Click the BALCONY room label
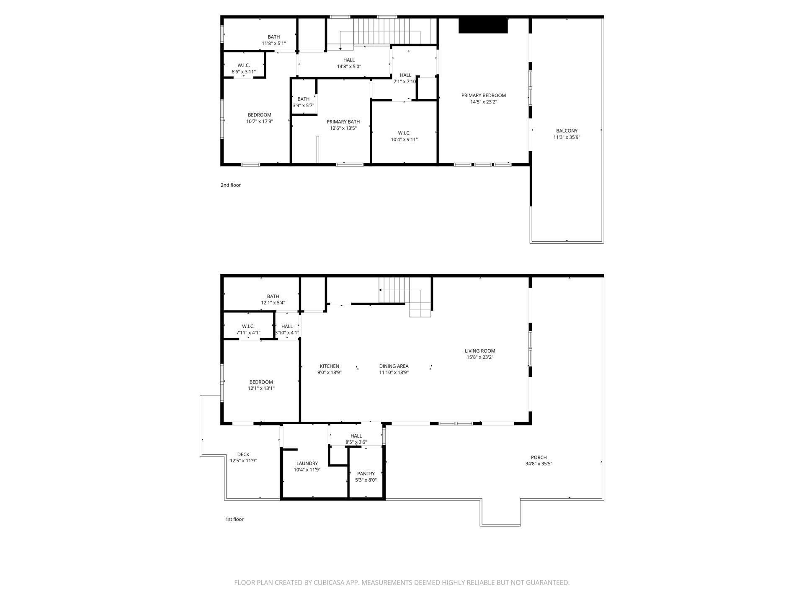click(x=567, y=131)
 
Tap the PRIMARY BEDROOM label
click(x=484, y=95)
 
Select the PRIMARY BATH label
click(x=343, y=122)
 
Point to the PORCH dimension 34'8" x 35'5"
click(x=539, y=464)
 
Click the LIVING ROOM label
click(x=480, y=351)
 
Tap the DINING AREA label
click(x=394, y=366)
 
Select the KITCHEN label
click(x=330, y=366)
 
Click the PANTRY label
click(x=366, y=474)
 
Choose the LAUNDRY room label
click(x=307, y=463)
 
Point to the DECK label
click(x=243, y=454)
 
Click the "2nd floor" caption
click(x=231, y=185)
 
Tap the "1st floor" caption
click(x=234, y=519)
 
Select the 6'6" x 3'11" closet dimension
click(x=243, y=72)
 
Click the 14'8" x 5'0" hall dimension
click(x=349, y=66)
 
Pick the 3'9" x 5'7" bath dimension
click(x=303, y=106)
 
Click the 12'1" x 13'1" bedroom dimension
click(x=261, y=388)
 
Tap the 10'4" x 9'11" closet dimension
click(x=404, y=139)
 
